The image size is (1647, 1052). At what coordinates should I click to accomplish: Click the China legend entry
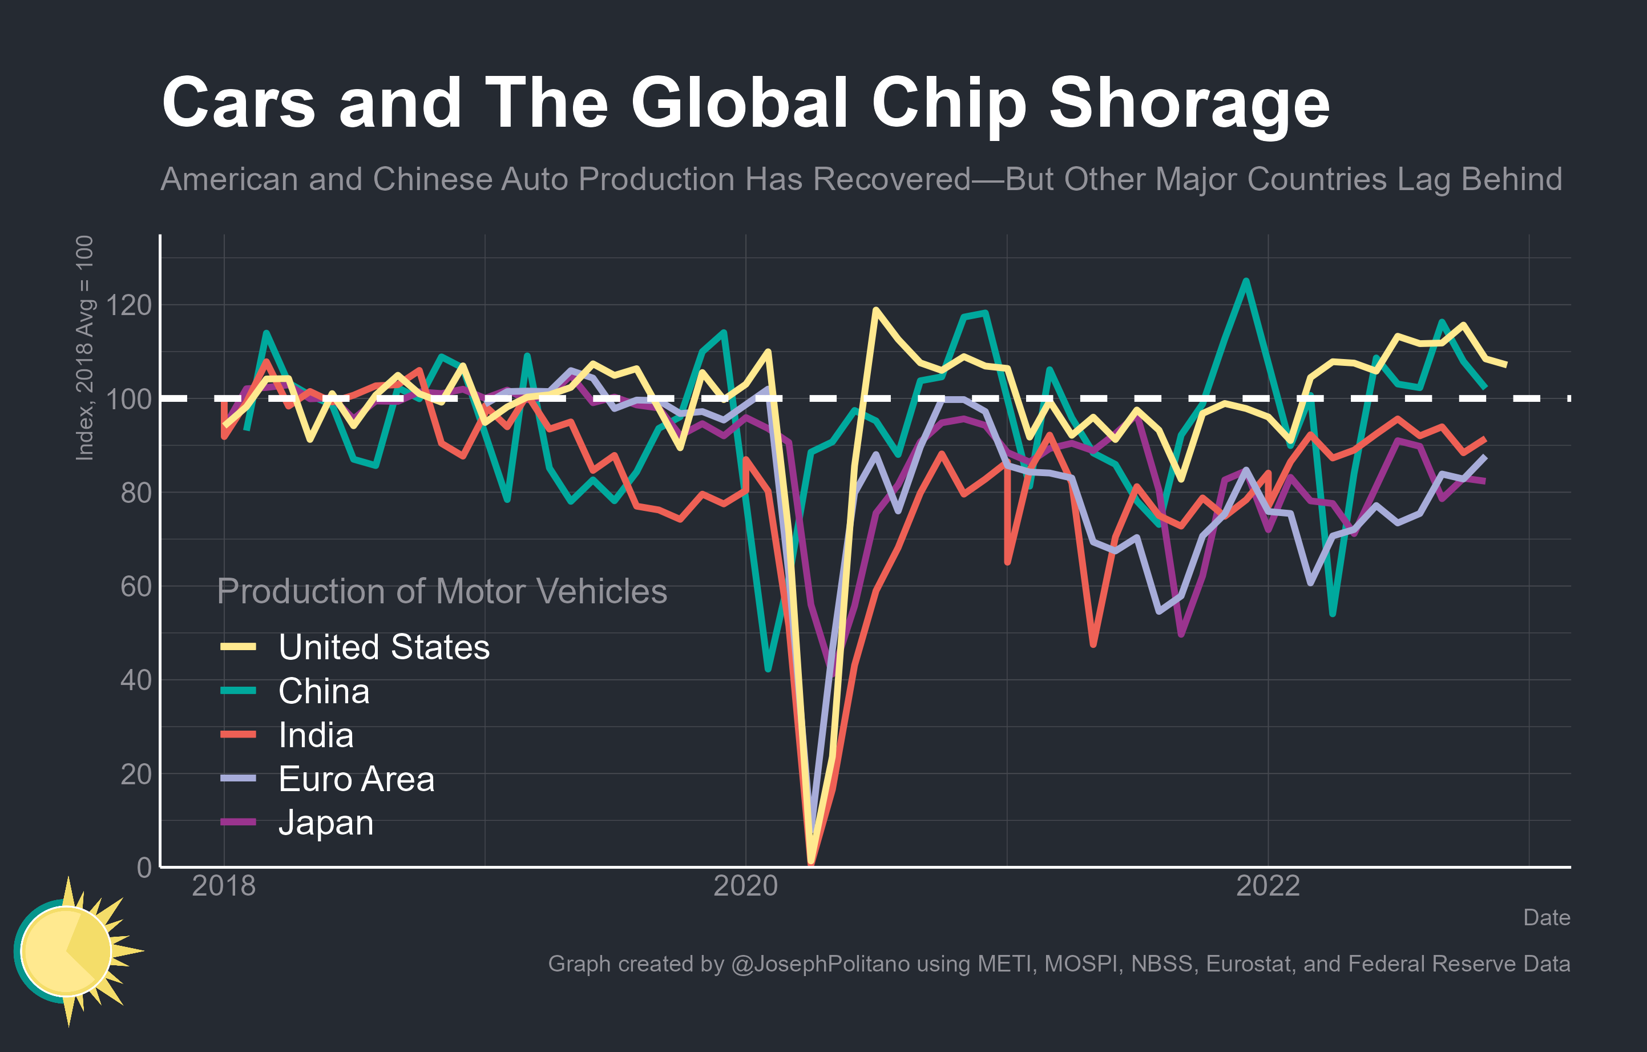point(324,691)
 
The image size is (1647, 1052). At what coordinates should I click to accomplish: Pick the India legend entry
point(316,735)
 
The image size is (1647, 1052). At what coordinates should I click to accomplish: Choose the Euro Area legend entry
point(356,779)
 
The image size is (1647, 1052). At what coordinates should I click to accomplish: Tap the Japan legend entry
point(325,823)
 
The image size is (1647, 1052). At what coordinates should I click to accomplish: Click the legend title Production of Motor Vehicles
point(441,591)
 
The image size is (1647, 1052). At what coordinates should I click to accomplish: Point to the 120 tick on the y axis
point(128,305)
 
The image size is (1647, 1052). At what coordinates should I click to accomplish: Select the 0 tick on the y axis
point(144,867)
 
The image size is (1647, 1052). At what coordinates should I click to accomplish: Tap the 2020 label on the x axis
point(745,886)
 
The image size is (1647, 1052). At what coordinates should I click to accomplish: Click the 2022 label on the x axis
point(1267,886)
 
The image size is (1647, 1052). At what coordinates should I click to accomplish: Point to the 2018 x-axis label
point(224,886)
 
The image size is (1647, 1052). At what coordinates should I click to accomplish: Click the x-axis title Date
point(1546,917)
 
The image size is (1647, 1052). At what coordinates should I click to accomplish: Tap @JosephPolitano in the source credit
point(820,964)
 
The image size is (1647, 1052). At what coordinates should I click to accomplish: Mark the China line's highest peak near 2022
point(1245,280)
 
